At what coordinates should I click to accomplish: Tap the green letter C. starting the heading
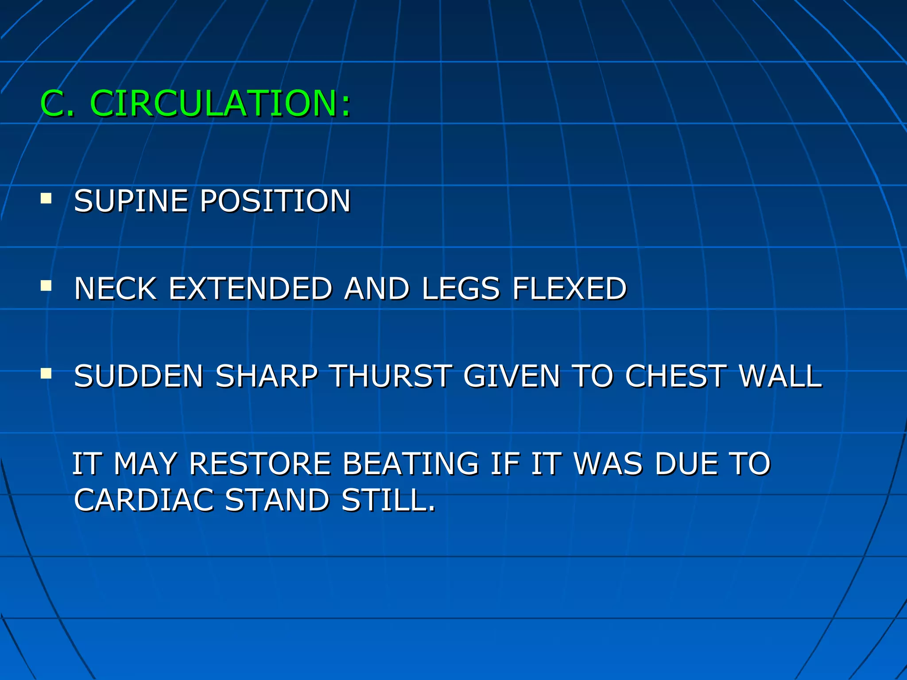coord(57,104)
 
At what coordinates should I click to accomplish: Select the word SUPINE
coord(131,201)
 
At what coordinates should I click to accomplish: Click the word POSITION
coord(275,201)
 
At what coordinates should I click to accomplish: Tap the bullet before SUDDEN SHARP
coord(46,374)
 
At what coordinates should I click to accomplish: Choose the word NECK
coord(115,289)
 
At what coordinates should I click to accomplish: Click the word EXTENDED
coord(250,289)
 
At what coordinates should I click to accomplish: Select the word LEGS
coord(461,289)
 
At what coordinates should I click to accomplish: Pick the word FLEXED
coord(570,289)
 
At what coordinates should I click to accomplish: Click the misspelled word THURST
coord(391,376)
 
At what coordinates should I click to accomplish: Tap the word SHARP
coord(267,376)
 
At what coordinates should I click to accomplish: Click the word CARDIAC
coord(144,500)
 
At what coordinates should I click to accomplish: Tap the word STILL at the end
coord(388,500)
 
